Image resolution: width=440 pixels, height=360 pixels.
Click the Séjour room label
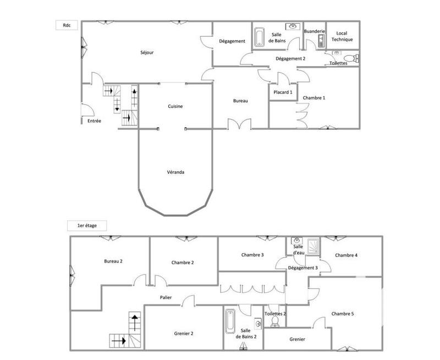(146, 53)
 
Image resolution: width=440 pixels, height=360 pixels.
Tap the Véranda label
(175, 172)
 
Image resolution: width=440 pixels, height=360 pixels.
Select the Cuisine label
(175, 106)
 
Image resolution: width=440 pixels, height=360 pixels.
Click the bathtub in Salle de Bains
(260, 37)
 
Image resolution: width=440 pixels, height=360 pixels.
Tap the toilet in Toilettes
(348, 57)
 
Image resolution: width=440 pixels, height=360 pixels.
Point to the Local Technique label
(342, 37)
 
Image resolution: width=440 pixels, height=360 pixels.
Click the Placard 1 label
(283, 92)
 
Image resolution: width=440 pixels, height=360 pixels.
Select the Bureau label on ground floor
(240, 101)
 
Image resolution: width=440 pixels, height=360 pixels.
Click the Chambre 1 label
(314, 97)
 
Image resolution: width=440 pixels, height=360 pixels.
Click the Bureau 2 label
(113, 261)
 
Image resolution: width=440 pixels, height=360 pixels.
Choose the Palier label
(166, 298)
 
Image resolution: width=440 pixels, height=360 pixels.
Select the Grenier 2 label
(183, 333)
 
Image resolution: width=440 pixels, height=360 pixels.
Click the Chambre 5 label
(343, 314)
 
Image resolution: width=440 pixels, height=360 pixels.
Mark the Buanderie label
(315, 31)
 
